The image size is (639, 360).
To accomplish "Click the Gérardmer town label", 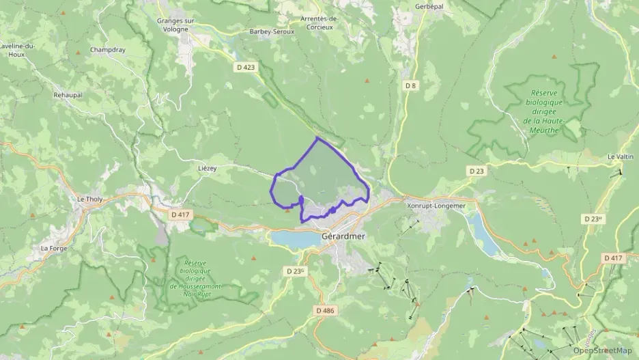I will (x=343, y=237).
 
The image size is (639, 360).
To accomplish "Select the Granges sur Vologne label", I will (x=175, y=25).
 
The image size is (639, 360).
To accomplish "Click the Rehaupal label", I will (x=68, y=95).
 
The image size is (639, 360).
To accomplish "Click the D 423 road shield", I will (x=246, y=67).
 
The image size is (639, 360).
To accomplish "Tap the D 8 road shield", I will (x=410, y=85).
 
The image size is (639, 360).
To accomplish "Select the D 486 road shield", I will (x=326, y=310).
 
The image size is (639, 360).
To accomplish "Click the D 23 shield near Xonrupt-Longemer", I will (x=477, y=169).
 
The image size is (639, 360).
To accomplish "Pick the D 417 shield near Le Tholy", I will (x=180, y=214).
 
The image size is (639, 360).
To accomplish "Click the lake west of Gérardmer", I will (x=291, y=238).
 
